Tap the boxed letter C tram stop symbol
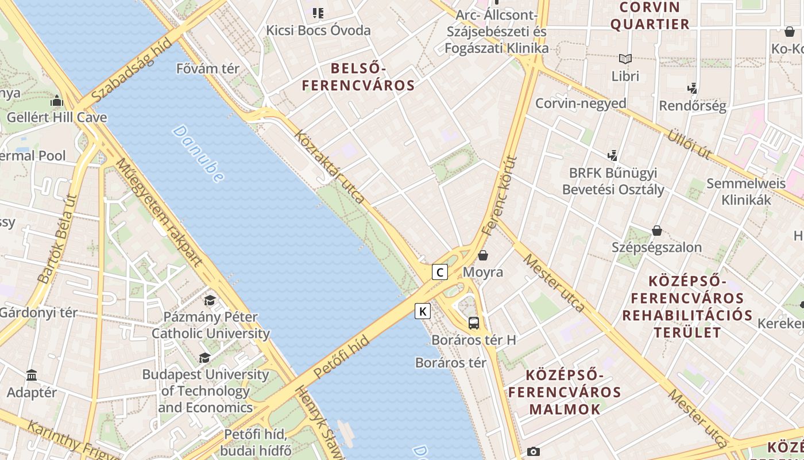(x=439, y=272)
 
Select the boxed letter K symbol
(x=423, y=312)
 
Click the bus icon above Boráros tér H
(x=474, y=323)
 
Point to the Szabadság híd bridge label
(x=132, y=71)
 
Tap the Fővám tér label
(x=208, y=68)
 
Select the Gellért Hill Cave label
(x=57, y=117)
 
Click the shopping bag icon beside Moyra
(x=483, y=255)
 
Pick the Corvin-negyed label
(x=581, y=103)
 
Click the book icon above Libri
(x=625, y=59)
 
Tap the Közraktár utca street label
(x=330, y=167)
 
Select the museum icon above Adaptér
(x=32, y=375)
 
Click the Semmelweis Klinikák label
(x=746, y=191)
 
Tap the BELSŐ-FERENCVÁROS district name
(x=358, y=77)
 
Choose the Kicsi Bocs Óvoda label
(x=318, y=30)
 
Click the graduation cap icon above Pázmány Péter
(x=210, y=300)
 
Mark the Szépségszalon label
(x=656, y=247)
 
